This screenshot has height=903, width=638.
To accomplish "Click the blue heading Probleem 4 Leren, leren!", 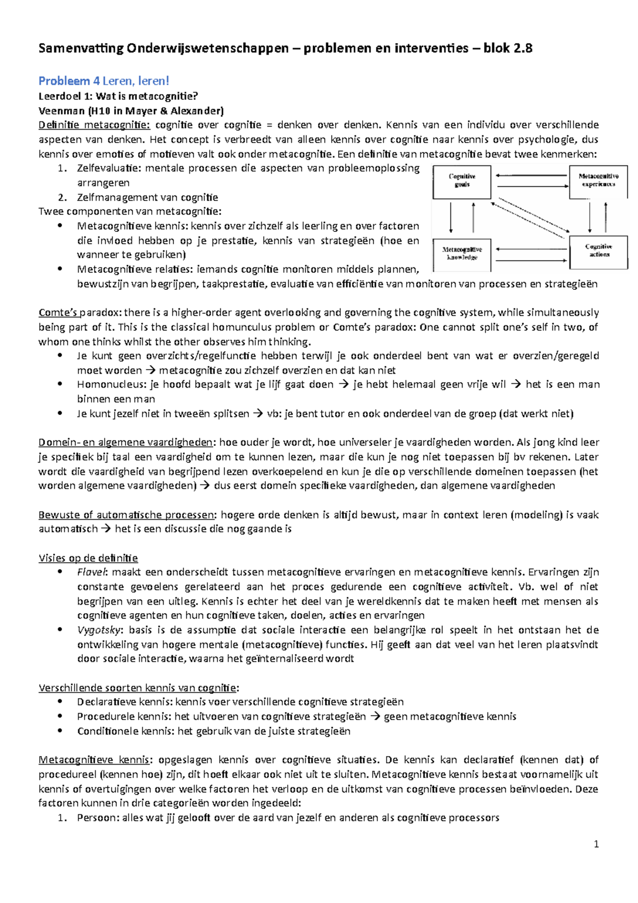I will (x=104, y=81).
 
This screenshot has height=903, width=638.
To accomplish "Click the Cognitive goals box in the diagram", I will (x=461, y=181).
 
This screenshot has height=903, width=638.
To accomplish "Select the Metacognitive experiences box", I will (x=598, y=181).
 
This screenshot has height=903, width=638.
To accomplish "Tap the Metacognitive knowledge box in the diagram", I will (x=461, y=254).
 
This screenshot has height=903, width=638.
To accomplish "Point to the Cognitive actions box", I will (x=598, y=252).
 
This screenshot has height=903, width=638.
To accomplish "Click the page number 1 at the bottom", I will (x=596, y=844).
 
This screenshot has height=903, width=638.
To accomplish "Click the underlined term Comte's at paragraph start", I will (x=58, y=313).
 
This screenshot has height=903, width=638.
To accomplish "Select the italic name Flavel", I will (x=92, y=572).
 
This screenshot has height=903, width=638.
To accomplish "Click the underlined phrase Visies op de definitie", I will (x=88, y=558).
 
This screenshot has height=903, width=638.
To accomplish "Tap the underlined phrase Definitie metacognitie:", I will (x=94, y=125).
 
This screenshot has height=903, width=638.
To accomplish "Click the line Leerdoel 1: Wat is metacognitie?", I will (x=118, y=96).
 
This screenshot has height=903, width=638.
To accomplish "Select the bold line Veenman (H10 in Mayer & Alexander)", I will (x=131, y=111).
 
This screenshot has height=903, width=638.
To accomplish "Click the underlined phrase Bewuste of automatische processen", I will (x=127, y=515).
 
